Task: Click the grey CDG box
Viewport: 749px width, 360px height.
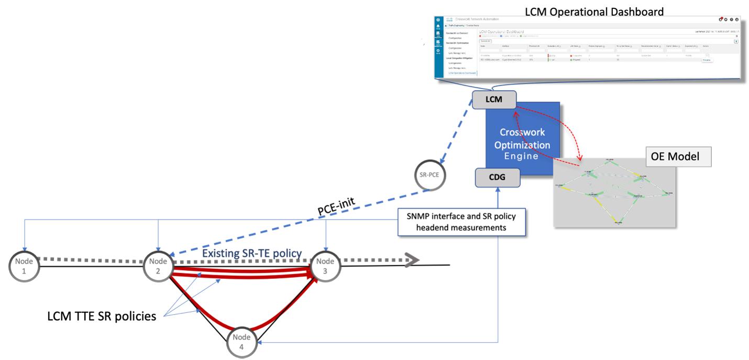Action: [x=497, y=177]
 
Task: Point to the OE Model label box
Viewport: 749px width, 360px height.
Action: [x=679, y=156]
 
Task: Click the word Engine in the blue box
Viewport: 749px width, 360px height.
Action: [x=521, y=156]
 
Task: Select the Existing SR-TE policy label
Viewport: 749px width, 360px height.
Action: [x=252, y=253]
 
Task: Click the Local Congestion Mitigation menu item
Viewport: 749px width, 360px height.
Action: [x=461, y=58]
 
